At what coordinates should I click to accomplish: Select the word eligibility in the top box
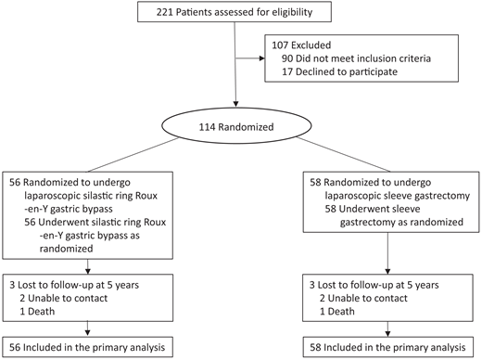point(298,13)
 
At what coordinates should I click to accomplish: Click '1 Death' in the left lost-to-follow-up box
point(50,308)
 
